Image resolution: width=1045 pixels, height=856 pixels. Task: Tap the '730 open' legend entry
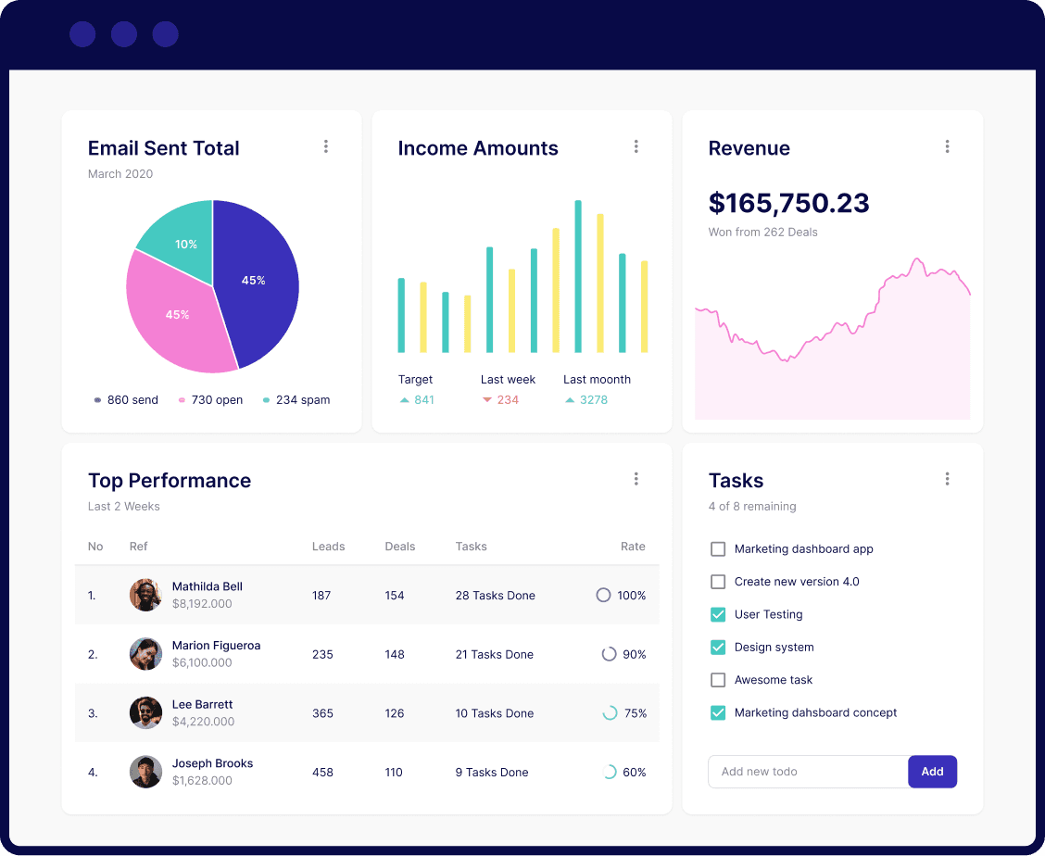coord(211,400)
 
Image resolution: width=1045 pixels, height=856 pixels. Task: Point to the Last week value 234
coord(508,400)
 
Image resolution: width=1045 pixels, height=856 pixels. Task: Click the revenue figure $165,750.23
coord(788,203)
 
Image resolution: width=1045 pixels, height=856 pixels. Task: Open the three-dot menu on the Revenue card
coord(947,146)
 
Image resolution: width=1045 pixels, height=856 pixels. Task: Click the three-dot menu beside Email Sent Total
coord(325,146)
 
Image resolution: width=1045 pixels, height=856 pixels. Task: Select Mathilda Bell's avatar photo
coord(145,595)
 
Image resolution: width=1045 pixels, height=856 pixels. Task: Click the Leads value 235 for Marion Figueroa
coord(322,654)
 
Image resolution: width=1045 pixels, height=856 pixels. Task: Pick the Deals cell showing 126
coord(395,713)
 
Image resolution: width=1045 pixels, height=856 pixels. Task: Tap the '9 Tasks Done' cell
coord(492,773)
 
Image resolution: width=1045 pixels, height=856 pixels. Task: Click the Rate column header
coord(633,547)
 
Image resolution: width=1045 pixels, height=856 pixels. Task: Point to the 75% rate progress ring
coord(610,713)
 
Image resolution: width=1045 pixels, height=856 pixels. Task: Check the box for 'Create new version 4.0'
coord(718,582)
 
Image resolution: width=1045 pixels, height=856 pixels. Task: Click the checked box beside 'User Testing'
coord(718,614)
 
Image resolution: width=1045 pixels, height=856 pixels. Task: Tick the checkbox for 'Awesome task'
coord(718,680)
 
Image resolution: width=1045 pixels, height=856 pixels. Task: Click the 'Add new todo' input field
coord(807,772)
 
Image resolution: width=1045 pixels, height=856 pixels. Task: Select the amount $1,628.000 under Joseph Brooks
coord(202,781)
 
